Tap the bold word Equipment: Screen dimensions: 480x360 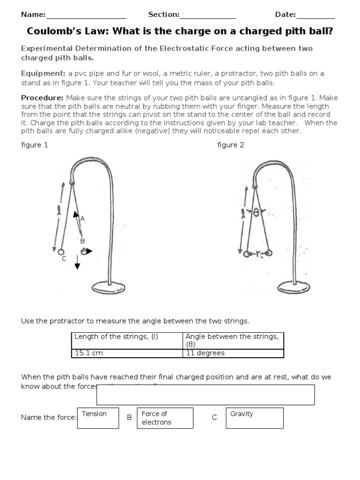(43, 74)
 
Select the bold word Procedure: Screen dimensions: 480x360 (42, 97)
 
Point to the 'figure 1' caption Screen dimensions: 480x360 (35, 145)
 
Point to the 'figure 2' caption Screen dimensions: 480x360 (231, 145)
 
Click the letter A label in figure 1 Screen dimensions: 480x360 (82, 218)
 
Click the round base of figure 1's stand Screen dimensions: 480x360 (108, 287)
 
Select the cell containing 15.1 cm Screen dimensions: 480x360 (127, 353)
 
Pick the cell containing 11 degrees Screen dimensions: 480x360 (233, 353)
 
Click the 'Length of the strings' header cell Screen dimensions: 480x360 (127, 340)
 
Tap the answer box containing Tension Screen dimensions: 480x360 (98, 418)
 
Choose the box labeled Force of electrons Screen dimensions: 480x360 (165, 418)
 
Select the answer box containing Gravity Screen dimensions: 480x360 (255, 418)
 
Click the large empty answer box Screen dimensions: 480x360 (205, 395)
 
